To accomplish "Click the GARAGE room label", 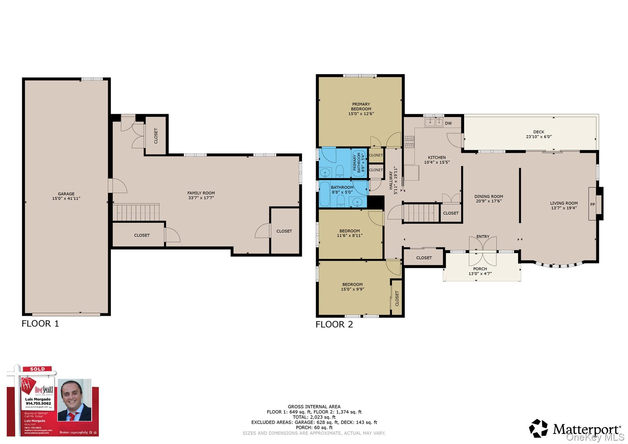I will pos(66,194).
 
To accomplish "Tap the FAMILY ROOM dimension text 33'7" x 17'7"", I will pos(201,198).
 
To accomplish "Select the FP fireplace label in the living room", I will pos(592,204).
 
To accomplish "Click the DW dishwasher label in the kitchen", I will pos(448,123).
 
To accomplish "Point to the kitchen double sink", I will pos(434,122).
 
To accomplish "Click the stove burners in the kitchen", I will pos(409,142).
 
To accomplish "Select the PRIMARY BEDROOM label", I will pos(361,106).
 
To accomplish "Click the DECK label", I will pos(539,132).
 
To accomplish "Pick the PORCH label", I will pos(480,269).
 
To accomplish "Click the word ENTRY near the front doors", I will pos(483,237).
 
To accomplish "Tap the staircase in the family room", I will pos(136,213).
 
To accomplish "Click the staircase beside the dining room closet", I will pos(421,213).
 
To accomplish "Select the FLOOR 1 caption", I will pos(40,323).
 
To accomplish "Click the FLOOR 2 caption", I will pos(334,324).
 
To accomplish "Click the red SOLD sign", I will pos(37,369).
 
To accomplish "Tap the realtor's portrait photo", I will pos(75,400).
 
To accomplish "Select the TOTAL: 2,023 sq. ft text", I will pos(314,417).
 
